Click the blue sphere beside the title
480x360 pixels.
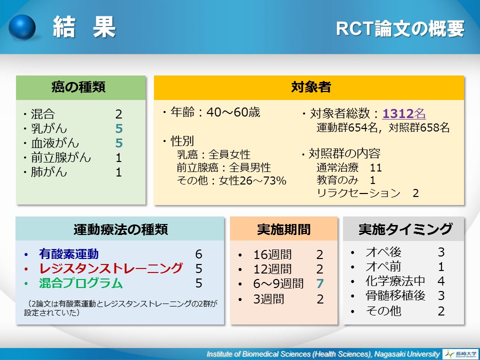coord(22,27)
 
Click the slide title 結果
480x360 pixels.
coord(84,27)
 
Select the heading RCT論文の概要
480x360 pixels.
coord(400,28)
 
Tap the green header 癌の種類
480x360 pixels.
coord(78,87)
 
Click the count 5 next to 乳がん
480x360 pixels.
coord(119,128)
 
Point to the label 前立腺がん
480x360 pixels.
coord(61,157)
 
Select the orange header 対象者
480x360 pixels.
coord(310,87)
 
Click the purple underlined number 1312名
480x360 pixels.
coord(404,113)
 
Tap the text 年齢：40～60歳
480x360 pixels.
coord(215,112)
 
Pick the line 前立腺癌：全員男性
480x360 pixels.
coord(224,167)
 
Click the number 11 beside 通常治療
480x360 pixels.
coord(376,168)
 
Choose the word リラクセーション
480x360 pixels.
coord(358,193)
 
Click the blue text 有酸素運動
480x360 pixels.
coord(69,254)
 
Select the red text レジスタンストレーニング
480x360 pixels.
coord(111,268)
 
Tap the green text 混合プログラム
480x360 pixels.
coord(81,283)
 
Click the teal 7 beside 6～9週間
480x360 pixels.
coord(320,283)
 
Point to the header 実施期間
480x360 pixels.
coord(284,229)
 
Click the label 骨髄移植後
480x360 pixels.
coord(395,295)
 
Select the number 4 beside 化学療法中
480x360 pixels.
coord(441,281)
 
